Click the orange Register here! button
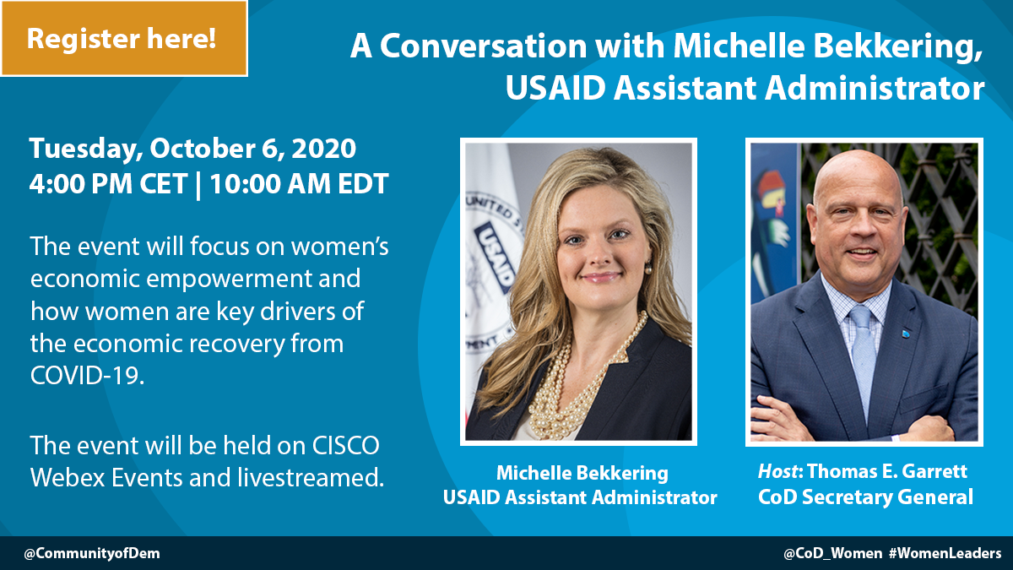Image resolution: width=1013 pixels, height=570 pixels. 124,38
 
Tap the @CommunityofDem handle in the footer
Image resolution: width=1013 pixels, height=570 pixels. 92,553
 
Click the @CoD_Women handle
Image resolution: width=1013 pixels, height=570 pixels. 832,553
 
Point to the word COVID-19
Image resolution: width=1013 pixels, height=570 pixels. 87,375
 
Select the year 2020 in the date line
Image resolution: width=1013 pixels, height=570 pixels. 324,149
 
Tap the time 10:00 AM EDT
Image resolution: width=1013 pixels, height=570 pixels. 299,184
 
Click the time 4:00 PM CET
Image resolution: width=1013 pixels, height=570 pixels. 108,184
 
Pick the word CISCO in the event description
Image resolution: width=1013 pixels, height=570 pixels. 346,446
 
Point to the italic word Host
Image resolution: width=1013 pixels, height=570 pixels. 777,471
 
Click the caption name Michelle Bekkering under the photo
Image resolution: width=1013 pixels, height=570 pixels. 582,473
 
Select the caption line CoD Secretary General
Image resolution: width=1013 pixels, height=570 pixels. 865,497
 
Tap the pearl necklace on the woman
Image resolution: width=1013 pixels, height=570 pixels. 574,389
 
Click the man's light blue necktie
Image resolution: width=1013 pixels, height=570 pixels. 863,357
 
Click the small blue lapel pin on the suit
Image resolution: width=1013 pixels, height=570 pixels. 905,334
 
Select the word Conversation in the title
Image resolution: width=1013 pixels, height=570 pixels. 483,46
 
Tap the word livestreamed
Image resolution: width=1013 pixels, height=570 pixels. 311,477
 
